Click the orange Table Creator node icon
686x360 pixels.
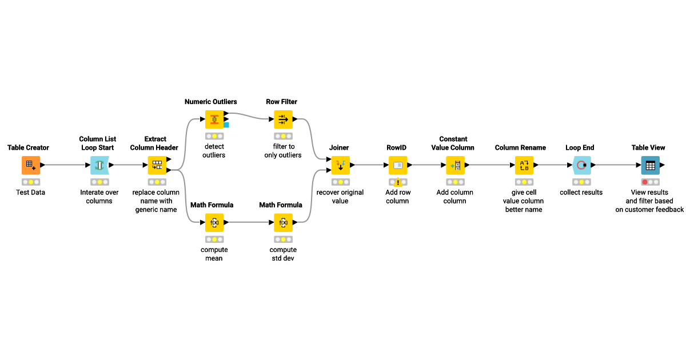pos(31,165)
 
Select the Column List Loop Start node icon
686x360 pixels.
pos(99,165)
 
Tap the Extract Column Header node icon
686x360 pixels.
pos(157,165)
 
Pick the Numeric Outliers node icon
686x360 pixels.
pos(214,119)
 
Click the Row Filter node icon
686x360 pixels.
pos(283,119)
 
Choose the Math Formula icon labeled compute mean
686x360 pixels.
pos(214,222)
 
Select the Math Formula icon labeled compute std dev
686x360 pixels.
pos(283,222)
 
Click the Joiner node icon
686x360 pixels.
pos(341,165)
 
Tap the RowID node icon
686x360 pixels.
pos(398,165)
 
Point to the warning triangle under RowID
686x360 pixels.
pos(398,182)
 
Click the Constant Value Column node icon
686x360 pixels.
pos(456,165)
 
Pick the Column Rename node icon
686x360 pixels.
pos(524,165)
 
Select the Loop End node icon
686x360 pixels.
pos(581,165)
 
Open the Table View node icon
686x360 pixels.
pos(650,165)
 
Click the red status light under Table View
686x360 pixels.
pos(645,182)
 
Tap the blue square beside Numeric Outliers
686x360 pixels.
pos(226,125)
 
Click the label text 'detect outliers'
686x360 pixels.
pos(214,151)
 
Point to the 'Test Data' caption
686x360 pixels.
pos(31,193)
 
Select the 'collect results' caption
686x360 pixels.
pos(581,193)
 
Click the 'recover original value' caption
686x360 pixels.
pos(340,197)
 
